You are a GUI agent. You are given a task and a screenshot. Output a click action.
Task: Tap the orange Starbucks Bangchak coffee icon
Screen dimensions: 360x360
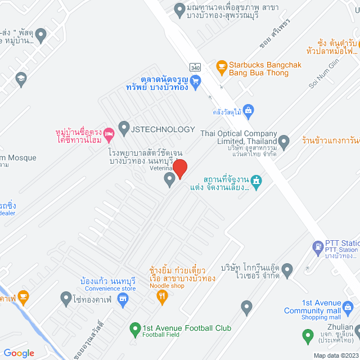tap(221, 66)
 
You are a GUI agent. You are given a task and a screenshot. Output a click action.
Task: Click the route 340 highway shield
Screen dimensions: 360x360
tap(195, 67)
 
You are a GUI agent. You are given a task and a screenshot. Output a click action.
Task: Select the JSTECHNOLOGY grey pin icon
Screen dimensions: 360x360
tap(124, 129)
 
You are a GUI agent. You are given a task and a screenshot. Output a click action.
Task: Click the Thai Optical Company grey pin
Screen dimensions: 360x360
tap(285, 141)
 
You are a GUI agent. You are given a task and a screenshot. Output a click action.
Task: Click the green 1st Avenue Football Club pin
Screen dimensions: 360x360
tap(134, 328)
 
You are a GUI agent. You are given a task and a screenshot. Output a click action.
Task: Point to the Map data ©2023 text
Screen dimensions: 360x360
tap(335, 355)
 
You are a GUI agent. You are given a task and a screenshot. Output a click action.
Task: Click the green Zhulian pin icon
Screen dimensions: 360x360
tap(308, 336)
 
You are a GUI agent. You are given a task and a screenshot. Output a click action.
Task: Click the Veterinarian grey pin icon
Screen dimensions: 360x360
tap(169, 180)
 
